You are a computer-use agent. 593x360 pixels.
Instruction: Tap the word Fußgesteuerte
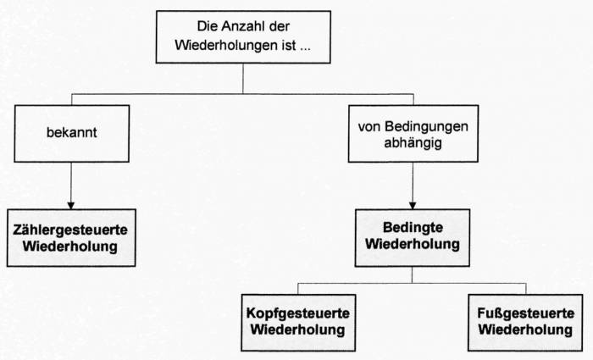pos(524,312)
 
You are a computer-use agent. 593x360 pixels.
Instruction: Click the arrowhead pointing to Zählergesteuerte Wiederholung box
pos(71,204)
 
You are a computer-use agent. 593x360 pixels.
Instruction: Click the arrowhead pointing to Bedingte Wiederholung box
pos(412,204)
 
